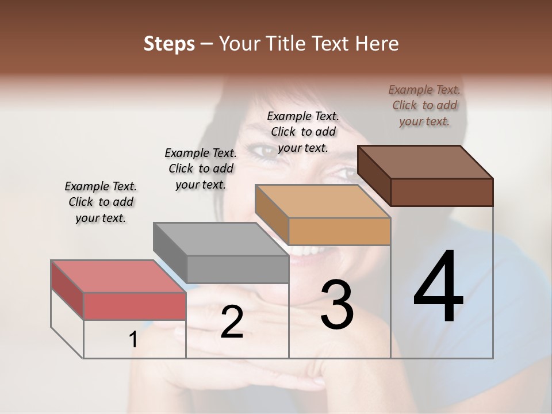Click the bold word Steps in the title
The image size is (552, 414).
(169, 44)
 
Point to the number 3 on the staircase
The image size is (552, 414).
(337, 304)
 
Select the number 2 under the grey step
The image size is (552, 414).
(232, 322)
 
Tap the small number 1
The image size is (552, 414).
(133, 340)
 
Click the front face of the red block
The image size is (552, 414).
(135, 306)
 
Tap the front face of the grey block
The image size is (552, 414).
(237, 269)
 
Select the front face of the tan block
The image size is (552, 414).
(339, 231)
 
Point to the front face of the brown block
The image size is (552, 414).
(442, 192)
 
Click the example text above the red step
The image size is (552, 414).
(101, 202)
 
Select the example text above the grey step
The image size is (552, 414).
(201, 168)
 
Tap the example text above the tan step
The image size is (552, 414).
(303, 132)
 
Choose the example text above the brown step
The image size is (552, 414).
(424, 105)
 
